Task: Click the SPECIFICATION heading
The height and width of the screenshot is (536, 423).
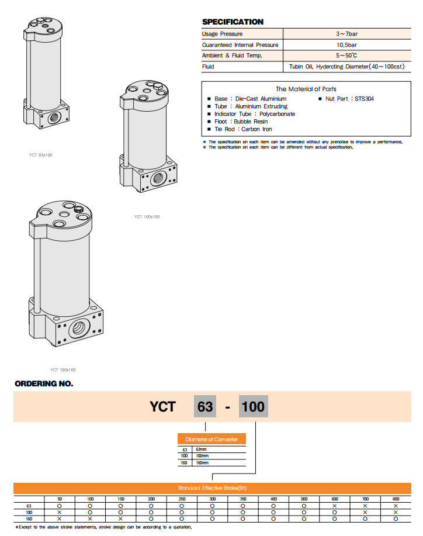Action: (x=233, y=22)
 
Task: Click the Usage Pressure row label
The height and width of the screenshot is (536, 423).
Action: (x=222, y=34)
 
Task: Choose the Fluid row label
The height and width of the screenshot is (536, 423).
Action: (x=208, y=67)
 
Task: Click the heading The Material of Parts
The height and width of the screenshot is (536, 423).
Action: (x=306, y=89)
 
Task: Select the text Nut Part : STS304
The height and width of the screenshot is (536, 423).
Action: (x=349, y=99)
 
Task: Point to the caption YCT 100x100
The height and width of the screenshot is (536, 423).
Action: (x=147, y=217)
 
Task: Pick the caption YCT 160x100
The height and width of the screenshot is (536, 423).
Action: (x=63, y=369)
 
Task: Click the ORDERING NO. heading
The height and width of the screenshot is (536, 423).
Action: (x=44, y=384)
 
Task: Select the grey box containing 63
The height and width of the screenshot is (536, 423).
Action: (x=205, y=406)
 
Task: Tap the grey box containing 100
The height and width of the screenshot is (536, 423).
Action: (x=253, y=406)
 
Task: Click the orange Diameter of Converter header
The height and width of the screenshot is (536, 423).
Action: (x=211, y=439)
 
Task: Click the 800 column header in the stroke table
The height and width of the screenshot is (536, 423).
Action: (x=396, y=499)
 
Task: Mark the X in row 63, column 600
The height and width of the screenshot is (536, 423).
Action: (x=335, y=506)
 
